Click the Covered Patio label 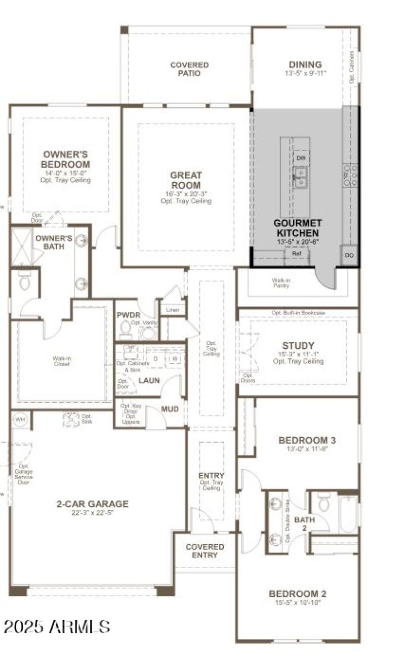click(189, 69)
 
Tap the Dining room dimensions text click(305, 73)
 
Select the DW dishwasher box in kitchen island click(301, 158)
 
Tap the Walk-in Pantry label click(280, 282)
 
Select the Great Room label click(186, 180)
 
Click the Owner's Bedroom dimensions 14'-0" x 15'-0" click(66, 173)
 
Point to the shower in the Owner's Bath click(22, 247)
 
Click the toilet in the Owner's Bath click(25, 282)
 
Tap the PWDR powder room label click(128, 315)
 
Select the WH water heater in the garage click(20, 419)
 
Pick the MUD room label click(170, 408)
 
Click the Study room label click(298, 346)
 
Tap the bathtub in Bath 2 click(348, 513)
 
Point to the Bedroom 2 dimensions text click(298, 602)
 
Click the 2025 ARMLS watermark click(57, 627)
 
